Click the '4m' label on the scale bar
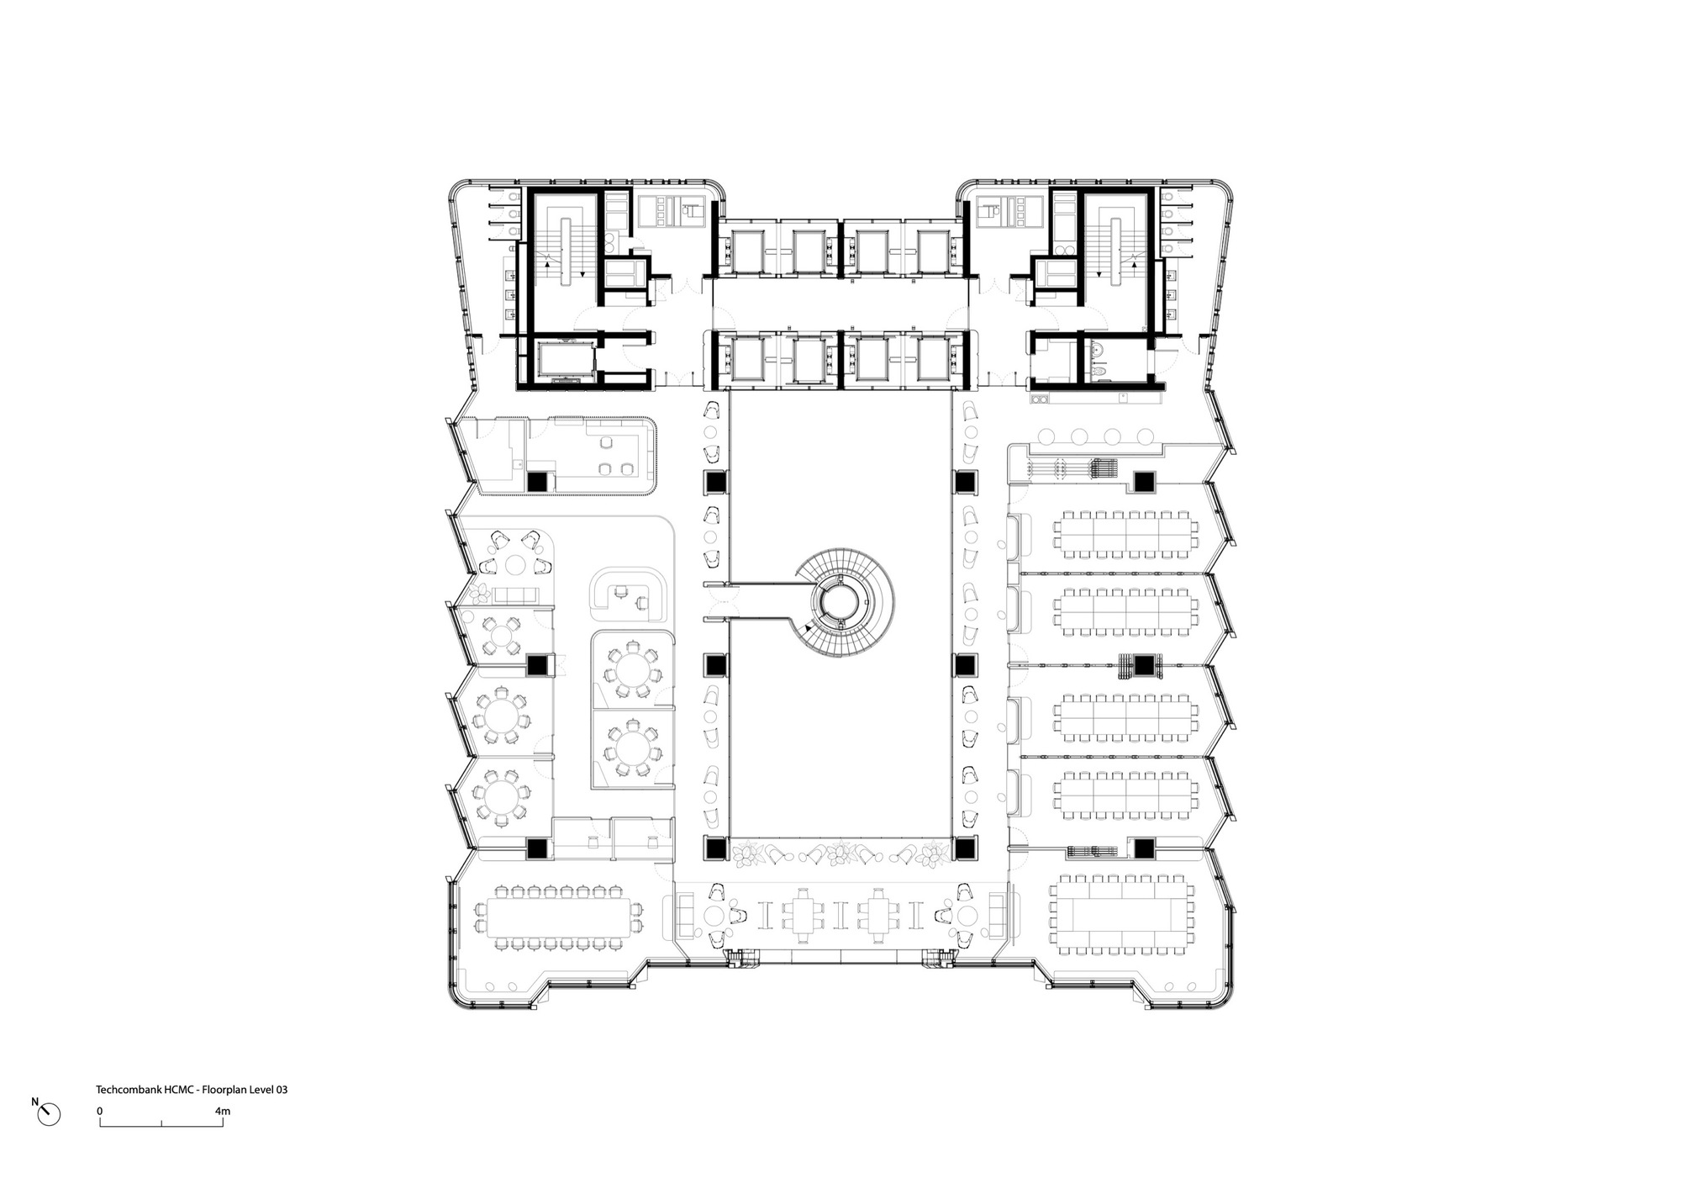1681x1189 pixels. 222,1112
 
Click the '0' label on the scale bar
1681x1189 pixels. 100,1112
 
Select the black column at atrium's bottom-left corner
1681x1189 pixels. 714,849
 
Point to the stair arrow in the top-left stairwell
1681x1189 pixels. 549,263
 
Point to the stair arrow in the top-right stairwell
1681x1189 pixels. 1131,263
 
